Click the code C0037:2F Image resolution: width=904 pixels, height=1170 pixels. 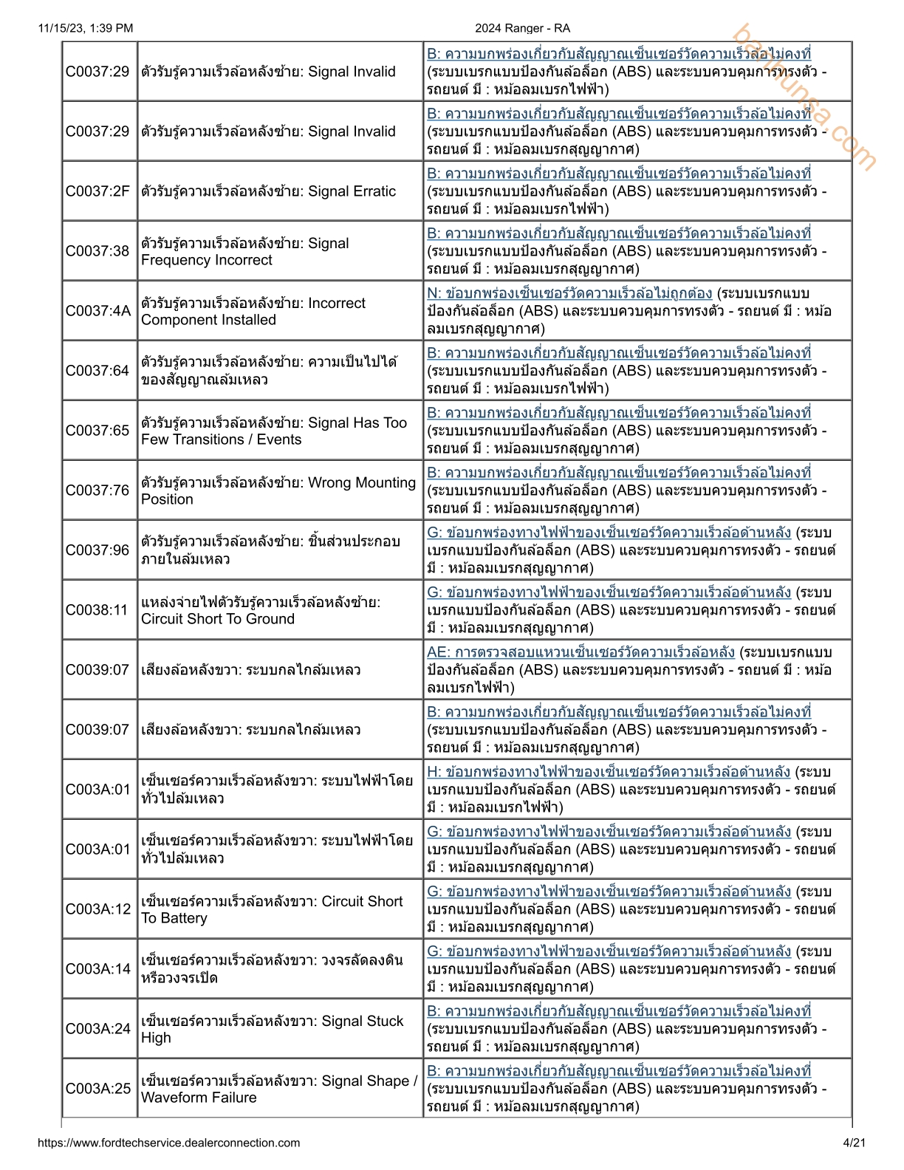(x=97, y=191)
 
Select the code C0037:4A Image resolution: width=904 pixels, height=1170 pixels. (x=97, y=311)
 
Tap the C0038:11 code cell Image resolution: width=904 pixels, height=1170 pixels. (x=97, y=610)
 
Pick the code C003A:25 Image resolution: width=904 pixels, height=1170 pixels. (x=97, y=1089)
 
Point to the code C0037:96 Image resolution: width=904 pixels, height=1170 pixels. (x=97, y=550)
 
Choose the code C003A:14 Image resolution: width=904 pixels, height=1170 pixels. (x=97, y=969)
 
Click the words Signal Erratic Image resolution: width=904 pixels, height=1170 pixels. (x=352, y=191)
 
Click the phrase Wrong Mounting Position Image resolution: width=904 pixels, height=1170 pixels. (x=278, y=491)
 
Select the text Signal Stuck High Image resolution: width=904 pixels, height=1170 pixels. (x=272, y=1029)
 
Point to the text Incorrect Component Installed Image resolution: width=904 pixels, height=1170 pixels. (x=253, y=312)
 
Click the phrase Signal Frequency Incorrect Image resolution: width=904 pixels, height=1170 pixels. (x=244, y=252)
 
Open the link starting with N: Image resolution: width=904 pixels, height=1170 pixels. (x=569, y=293)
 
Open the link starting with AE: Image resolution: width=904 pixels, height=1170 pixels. (x=581, y=652)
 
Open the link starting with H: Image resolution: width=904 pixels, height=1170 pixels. (x=608, y=772)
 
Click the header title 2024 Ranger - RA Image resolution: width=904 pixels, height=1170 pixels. (x=522, y=28)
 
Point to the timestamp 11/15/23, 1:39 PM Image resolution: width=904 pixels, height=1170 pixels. (x=86, y=28)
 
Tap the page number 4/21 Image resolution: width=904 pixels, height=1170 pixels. (x=854, y=1143)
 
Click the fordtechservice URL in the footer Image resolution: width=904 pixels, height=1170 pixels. (x=169, y=1143)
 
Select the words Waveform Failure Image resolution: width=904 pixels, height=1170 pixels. (x=199, y=1098)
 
